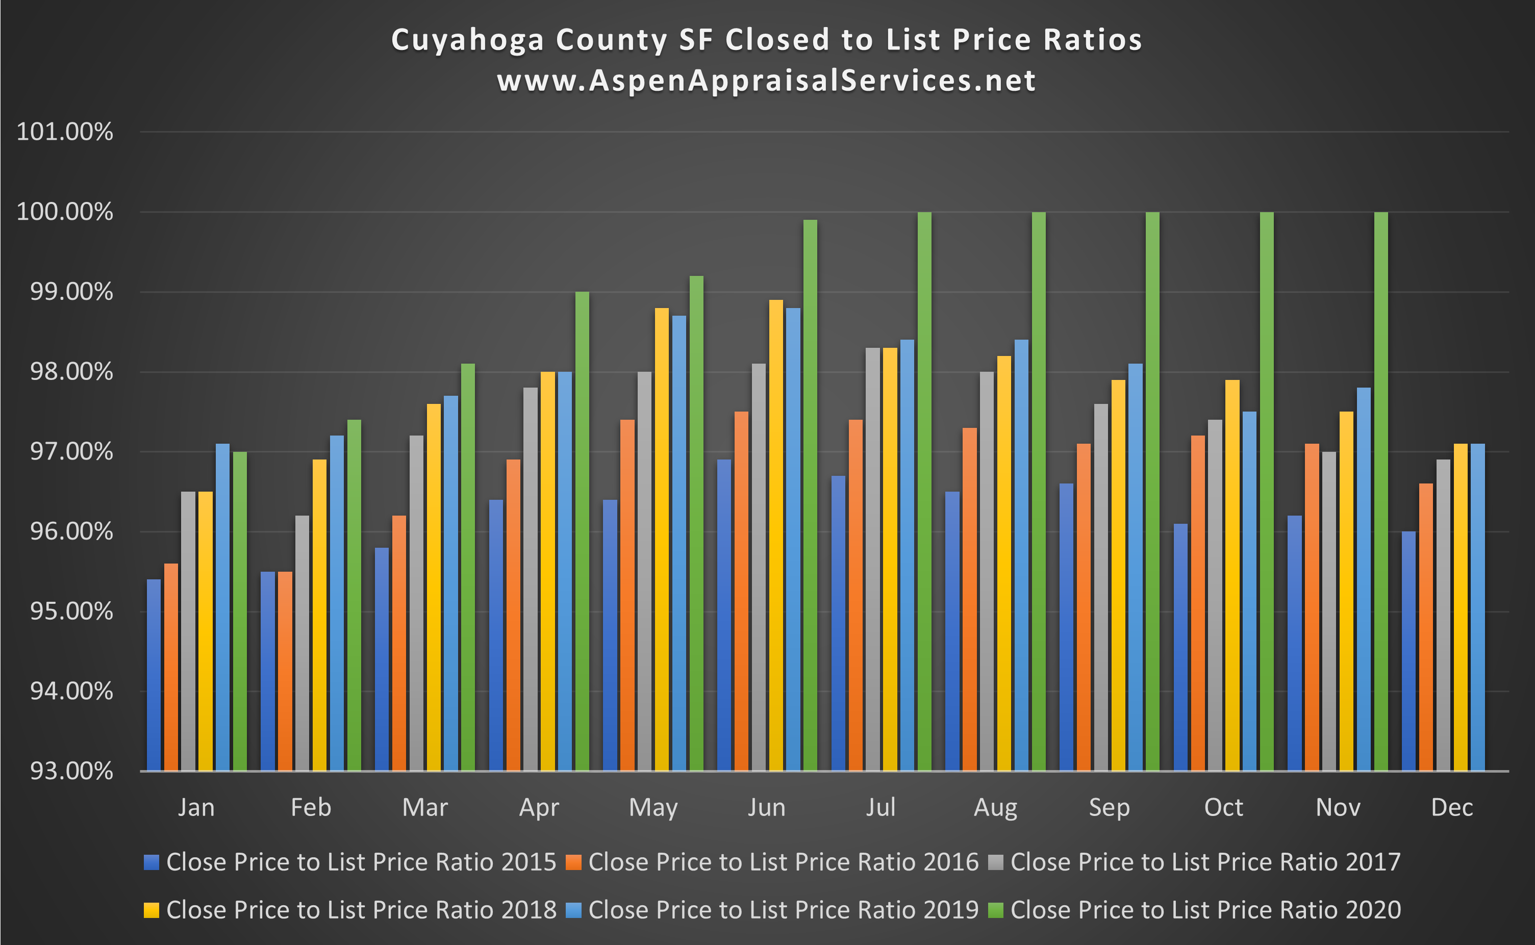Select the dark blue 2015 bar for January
pyautogui.click(x=153, y=675)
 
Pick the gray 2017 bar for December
pyautogui.click(x=1443, y=615)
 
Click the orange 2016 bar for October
pyautogui.click(x=1197, y=603)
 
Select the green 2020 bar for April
pyautogui.click(x=582, y=531)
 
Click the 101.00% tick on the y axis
pyautogui.click(x=64, y=132)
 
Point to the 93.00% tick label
pyautogui.click(x=64, y=771)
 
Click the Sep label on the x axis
pyautogui.click(x=1110, y=807)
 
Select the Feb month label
pyautogui.click(x=311, y=807)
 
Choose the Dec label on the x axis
pyautogui.click(x=1452, y=807)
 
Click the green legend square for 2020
pyautogui.click(x=996, y=910)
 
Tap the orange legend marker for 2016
pyautogui.click(x=573, y=862)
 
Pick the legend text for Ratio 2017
pyautogui.click(x=1205, y=862)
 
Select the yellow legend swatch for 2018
pyautogui.click(x=151, y=910)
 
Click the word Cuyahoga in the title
pyautogui.click(x=467, y=40)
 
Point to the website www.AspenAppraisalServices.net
pyautogui.click(x=767, y=81)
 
